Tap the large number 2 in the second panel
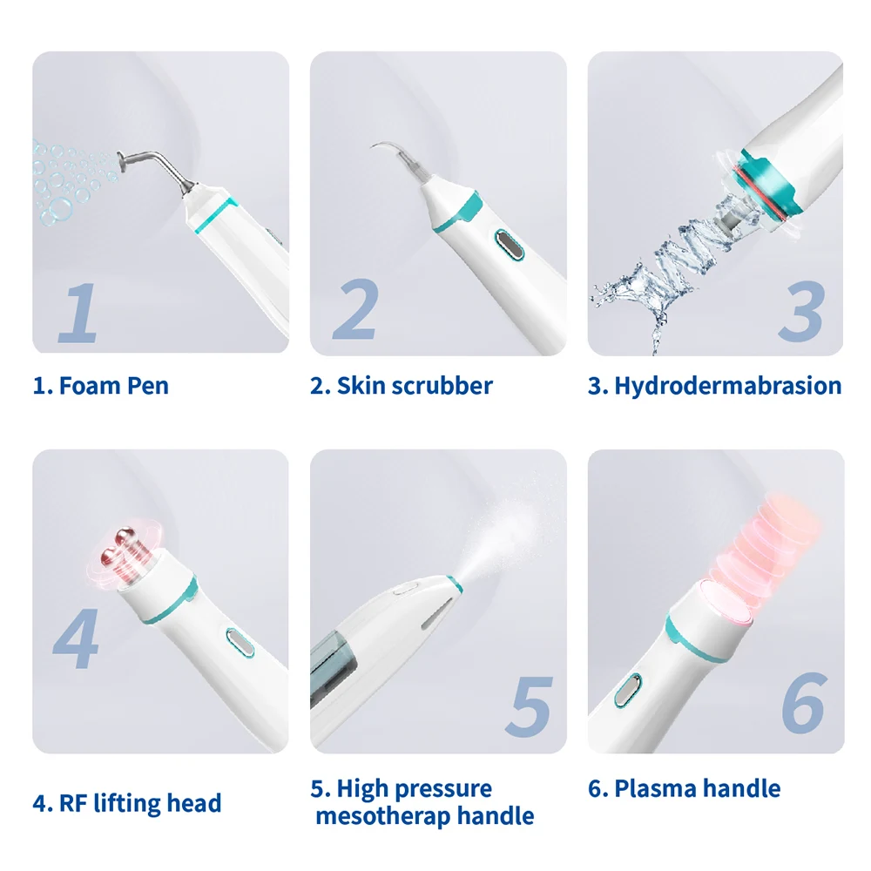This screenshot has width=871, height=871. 355,310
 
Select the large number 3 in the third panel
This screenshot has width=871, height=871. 800,312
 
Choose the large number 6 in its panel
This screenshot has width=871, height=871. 802,704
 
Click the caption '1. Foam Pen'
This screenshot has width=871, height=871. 101,386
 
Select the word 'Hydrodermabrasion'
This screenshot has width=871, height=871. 728,386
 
